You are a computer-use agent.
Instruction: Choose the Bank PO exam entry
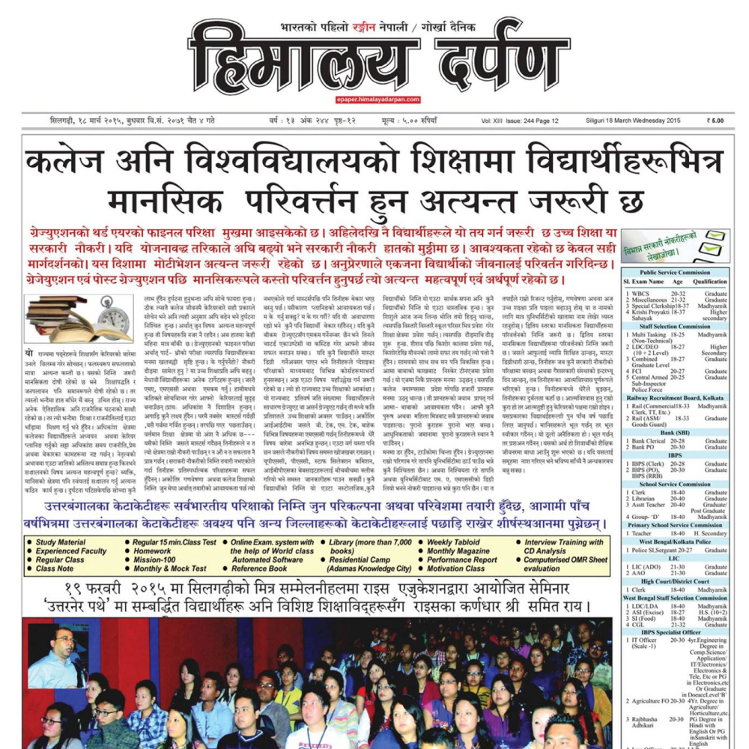pos(645,447)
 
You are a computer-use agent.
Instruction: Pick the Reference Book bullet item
pos(259,568)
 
